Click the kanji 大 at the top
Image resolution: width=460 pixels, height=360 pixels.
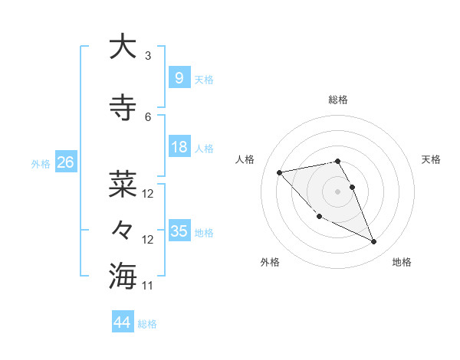(x=123, y=47)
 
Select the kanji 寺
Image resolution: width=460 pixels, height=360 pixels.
(x=123, y=107)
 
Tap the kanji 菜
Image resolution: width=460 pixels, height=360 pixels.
(x=123, y=184)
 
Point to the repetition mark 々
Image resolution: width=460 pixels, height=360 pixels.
(x=123, y=229)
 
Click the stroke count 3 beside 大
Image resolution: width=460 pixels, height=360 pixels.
(x=148, y=56)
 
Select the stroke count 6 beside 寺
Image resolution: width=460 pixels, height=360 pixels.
(x=148, y=116)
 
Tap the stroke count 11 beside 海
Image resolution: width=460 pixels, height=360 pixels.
(x=148, y=286)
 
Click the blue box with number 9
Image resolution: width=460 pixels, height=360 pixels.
(x=179, y=77)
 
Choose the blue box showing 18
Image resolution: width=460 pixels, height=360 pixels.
(x=179, y=147)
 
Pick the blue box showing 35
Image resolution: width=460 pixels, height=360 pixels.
(x=179, y=231)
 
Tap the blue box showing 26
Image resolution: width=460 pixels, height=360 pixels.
(x=65, y=162)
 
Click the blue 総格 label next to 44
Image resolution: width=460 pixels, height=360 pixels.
(x=147, y=324)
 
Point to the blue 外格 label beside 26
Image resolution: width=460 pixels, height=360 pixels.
(x=41, y=164)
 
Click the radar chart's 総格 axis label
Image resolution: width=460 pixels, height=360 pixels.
(x=338, y=100)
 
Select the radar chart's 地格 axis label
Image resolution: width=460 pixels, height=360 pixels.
(x=402, y=262)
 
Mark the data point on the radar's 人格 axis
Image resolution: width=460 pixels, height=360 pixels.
(x=280, y=172)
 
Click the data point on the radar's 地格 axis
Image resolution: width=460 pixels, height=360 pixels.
(x=374, y=242)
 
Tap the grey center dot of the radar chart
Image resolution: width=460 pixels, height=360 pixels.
(x=338, y=191)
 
